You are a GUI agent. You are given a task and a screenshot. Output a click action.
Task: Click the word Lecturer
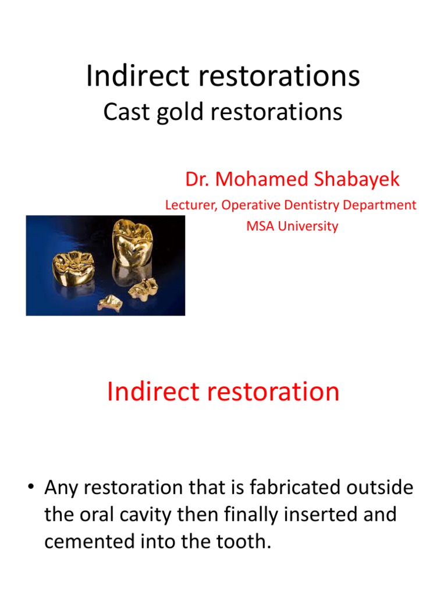[x=190, y=205]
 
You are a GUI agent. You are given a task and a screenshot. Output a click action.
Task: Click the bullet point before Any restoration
[x=34, y=488]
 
